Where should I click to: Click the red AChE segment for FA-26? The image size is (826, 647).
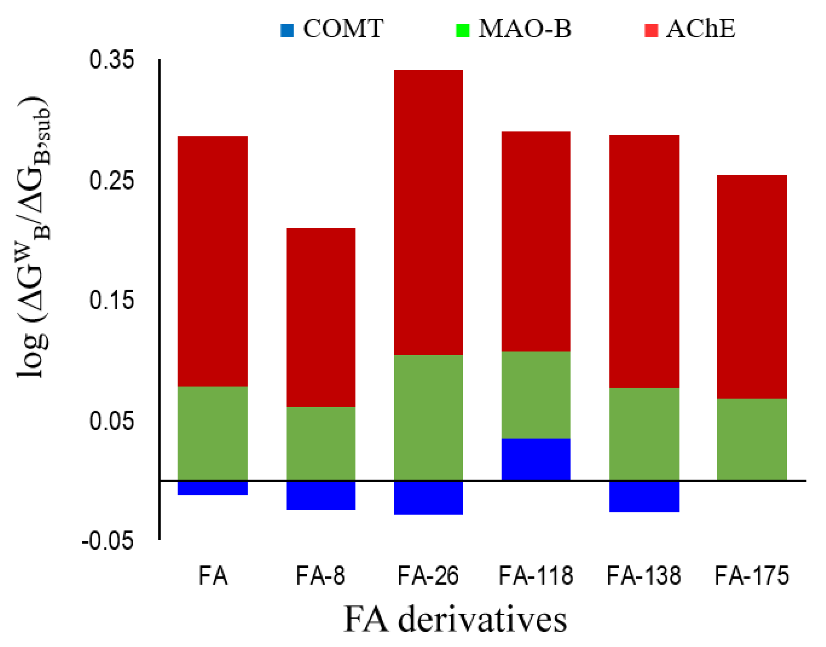pos(428,213)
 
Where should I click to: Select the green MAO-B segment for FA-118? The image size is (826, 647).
pos(536,395)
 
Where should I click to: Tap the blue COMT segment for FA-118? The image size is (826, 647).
pos(536,459)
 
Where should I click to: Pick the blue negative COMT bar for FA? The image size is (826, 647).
pos(213,488)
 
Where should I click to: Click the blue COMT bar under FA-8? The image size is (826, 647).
pos(321,495)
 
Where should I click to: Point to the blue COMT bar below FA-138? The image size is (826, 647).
pos(644,496)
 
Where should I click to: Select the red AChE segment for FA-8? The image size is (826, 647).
pos(321,318)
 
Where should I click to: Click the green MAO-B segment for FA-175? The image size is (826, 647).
pos(751,439)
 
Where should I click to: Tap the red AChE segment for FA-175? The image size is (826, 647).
pos(751,287)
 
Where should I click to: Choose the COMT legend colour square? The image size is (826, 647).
pos(287,30)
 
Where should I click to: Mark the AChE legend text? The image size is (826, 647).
pos(700,29)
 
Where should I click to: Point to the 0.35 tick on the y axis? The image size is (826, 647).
pos(111,60)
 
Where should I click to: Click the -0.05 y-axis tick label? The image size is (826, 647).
pos(108,541)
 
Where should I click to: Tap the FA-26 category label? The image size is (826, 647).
pos(428,575)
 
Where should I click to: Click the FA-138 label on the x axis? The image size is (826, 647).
pos(644,575)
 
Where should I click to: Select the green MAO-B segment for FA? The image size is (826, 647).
pos(213,433)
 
